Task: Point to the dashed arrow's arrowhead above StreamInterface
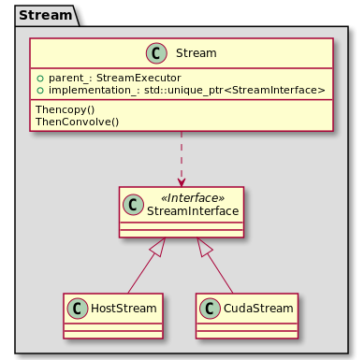click(x=182, y=181)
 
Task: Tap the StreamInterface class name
click(x=194, y=212)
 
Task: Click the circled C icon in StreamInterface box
click(x=133, y=206)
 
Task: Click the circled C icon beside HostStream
click(x=79, y=307)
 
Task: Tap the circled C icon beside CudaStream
click(x=211, y=307)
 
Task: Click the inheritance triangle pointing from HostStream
click(x=157, y=247)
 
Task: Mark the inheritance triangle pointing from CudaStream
click(x=206, y=247)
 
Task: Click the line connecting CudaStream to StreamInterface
click(x=220, y=273)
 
